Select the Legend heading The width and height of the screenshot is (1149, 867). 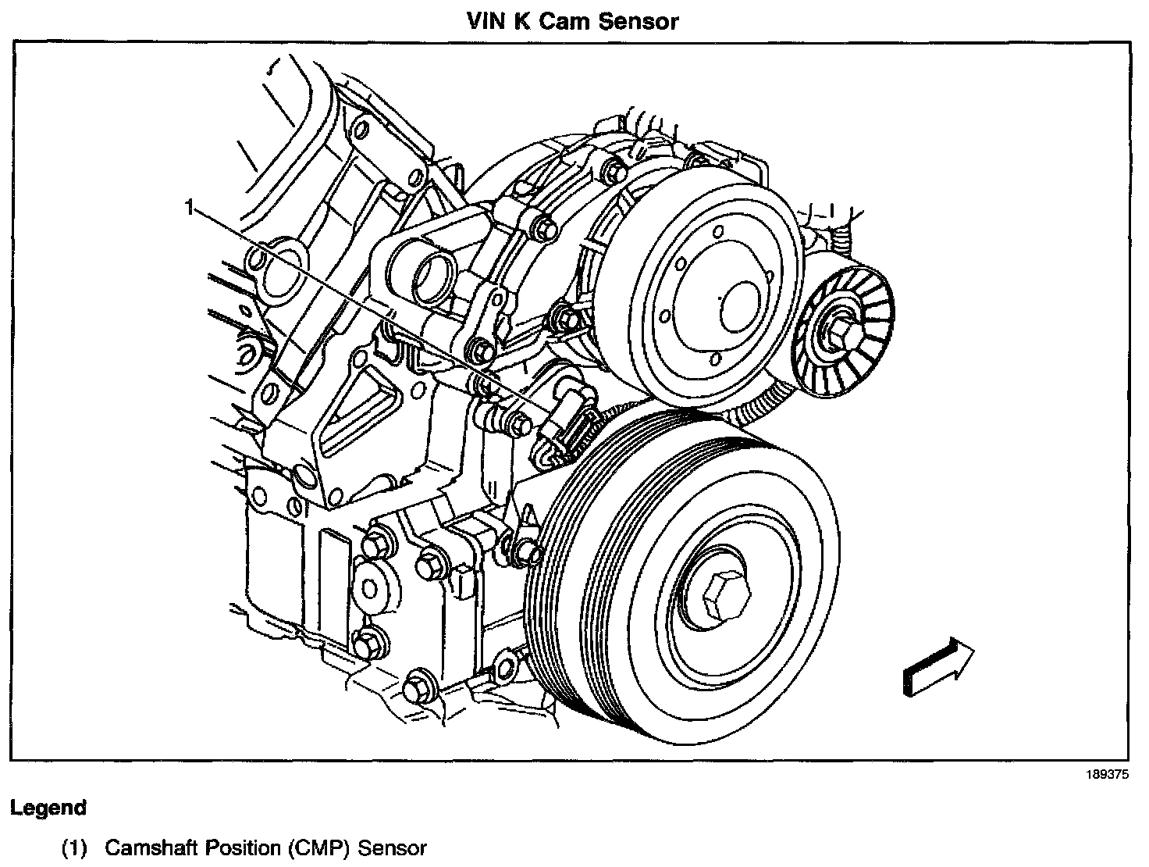coord(48,808)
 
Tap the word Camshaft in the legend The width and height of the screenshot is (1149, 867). coord(151,847)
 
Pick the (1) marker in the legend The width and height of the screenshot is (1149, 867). coord(75,847)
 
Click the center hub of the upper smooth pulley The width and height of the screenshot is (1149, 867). coord(740,305)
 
